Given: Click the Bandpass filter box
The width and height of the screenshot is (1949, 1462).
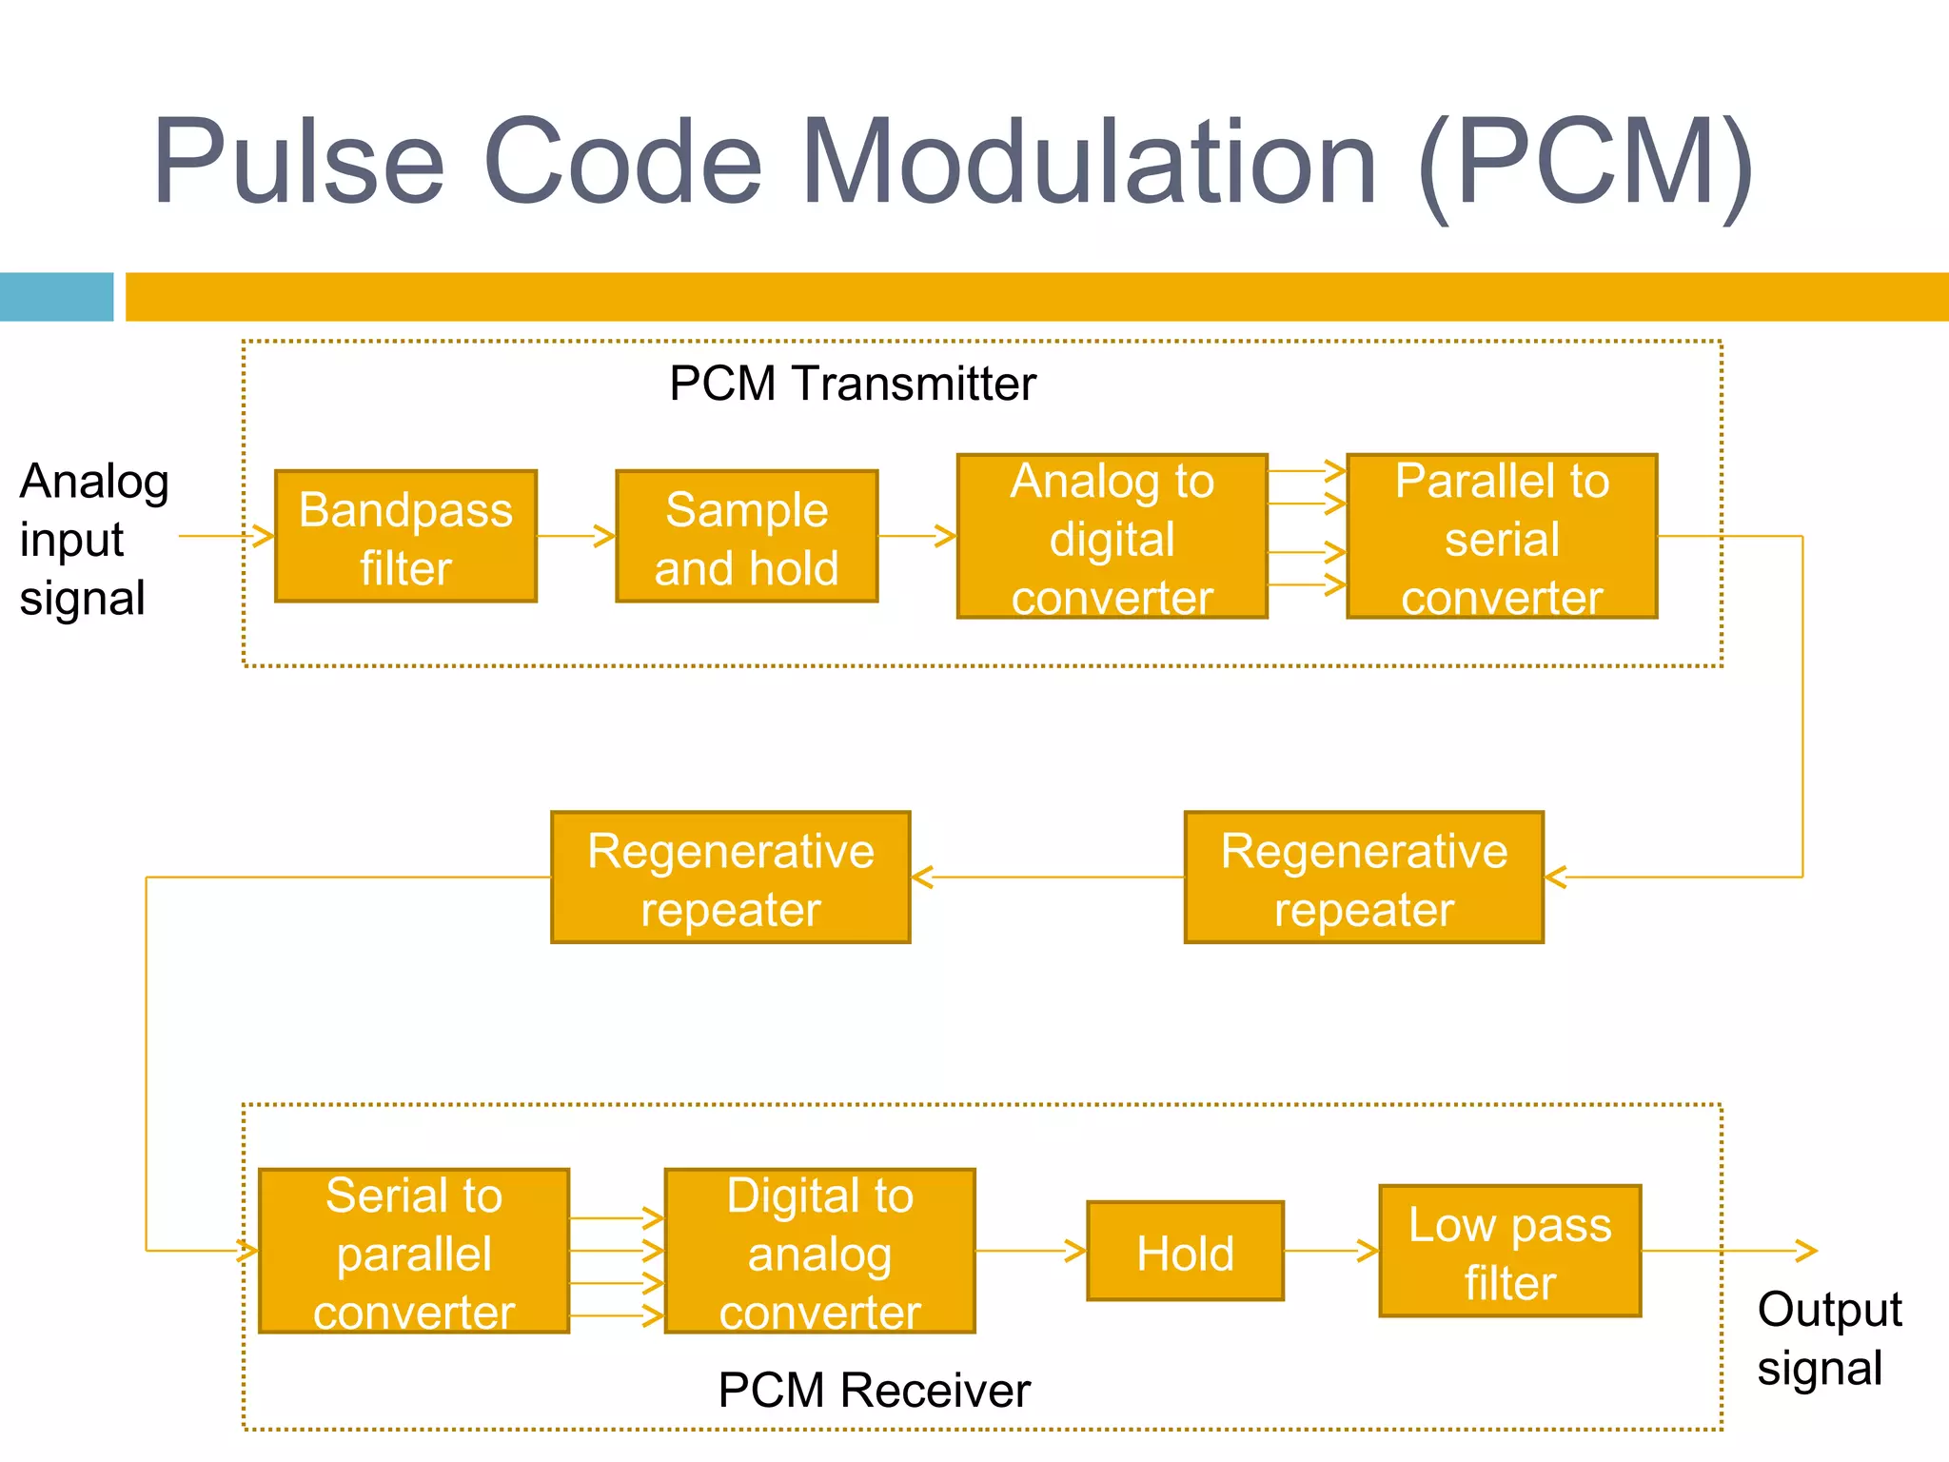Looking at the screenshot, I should tap(405, 536).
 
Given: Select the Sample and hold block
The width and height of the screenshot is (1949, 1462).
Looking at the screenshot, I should tap(746, 536).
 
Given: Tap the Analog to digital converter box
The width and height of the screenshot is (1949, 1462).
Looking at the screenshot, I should tap(1112, 536).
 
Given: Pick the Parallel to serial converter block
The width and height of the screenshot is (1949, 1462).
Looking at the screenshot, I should tap(1502, 536).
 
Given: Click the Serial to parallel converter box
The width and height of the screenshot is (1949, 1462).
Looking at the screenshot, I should tap(414, 1251).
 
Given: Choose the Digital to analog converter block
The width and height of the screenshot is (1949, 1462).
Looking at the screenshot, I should tap(819, 1251).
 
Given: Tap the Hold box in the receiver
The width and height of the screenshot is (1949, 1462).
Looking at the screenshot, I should tap(1185, 1251).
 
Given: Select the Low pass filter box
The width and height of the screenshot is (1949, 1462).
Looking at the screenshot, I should tap(1509, 1251).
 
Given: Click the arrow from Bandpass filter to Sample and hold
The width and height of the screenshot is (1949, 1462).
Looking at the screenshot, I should tap(576, 536).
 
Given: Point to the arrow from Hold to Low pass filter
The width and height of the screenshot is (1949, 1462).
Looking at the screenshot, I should tap(1330, 1251).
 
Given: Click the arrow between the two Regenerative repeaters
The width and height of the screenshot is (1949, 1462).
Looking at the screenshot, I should tap(1047, 877).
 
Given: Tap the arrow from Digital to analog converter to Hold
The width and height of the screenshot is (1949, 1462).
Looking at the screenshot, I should tap(1031, 1251).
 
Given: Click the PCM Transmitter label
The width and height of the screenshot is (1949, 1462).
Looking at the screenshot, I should tap(852, 384).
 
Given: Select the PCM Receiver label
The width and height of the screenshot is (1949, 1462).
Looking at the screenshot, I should tap(874, 1390).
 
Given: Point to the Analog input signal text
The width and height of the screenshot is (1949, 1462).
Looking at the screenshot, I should tap(93, 539).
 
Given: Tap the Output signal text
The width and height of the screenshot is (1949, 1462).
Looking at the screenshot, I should tap(1827, 1338).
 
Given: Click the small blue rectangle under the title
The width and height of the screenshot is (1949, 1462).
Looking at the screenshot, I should tap(56, 297).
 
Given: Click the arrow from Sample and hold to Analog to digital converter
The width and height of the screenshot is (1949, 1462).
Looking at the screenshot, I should tap(916, 536).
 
